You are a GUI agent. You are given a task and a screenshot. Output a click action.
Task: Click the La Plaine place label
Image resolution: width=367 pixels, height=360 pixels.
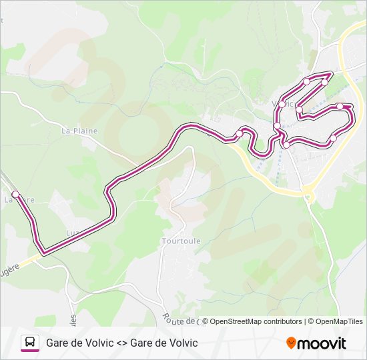coord(79,131)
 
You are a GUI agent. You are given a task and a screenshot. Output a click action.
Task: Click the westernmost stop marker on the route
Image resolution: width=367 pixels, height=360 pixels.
coord(15,195)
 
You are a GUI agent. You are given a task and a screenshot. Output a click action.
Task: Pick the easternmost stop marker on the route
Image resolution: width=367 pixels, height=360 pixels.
coord(340,107)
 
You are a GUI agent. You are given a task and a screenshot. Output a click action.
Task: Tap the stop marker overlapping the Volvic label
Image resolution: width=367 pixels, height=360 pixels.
coord(283,104)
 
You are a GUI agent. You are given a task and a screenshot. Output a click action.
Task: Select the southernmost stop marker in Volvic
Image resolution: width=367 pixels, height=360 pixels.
coord(286,145)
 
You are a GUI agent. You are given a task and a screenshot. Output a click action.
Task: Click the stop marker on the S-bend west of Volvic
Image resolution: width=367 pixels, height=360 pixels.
coord(240,134)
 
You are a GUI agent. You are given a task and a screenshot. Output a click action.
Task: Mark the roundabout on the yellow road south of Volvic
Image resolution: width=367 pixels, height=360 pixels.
coord(308,195)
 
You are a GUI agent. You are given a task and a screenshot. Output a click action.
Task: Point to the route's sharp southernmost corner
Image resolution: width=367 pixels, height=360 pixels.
coord(43,253)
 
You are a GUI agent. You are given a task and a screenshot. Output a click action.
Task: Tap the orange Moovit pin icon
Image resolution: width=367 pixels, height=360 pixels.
coord(291,343)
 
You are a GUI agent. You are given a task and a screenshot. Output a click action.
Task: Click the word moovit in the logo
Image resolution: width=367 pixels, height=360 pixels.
coord(322,343)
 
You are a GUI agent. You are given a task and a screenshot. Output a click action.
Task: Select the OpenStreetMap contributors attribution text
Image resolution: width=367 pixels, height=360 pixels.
coord(256,321)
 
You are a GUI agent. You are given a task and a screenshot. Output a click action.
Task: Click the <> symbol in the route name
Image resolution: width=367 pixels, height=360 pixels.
coord(121,343)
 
